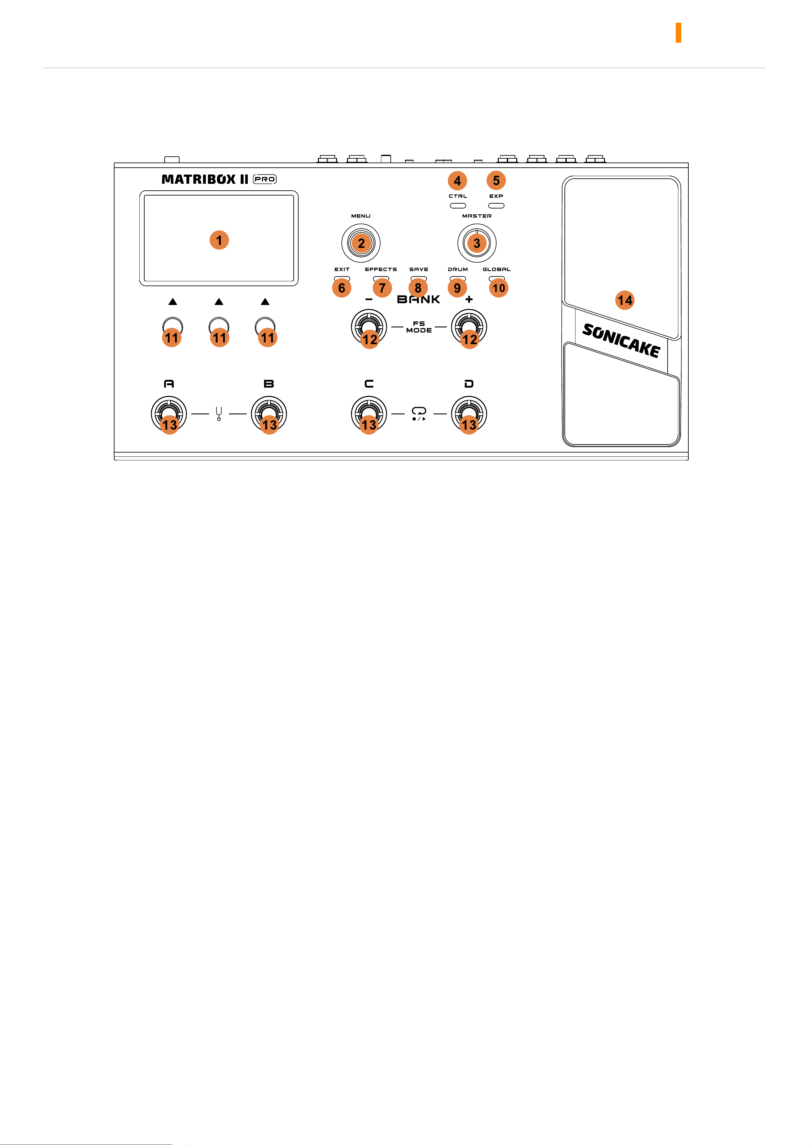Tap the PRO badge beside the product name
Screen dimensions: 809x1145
click(x=265, y=179)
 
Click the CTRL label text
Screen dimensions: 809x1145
click(x=458, y=196)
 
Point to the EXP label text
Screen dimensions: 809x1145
click(x=496, y=196)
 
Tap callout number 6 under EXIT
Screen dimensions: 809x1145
click(x=342, y=288)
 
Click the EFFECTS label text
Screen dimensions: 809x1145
click(x=381, y=269)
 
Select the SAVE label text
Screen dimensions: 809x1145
click(x=419, y=269)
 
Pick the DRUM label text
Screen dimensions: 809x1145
click(x=458, y=269)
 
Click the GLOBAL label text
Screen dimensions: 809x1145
click(x=497, y=269)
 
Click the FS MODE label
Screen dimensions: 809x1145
click(x=419, y=327)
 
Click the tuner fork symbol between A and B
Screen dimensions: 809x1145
click(x=219, y=414)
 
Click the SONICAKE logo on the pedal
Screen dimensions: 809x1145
click(x=621, y=341)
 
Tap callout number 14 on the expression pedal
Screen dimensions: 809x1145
click(x=625, y=300)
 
